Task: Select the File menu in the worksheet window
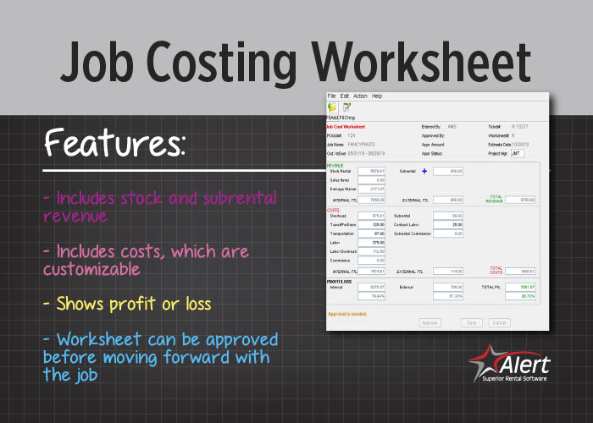332,96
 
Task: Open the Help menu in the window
377,96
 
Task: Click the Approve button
430,322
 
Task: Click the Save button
472,322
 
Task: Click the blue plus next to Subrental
424,171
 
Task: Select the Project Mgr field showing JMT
517,154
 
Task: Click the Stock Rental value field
372,171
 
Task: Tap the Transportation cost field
372,233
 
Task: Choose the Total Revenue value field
523,200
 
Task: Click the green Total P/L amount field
522,287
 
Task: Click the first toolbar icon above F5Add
332,107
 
